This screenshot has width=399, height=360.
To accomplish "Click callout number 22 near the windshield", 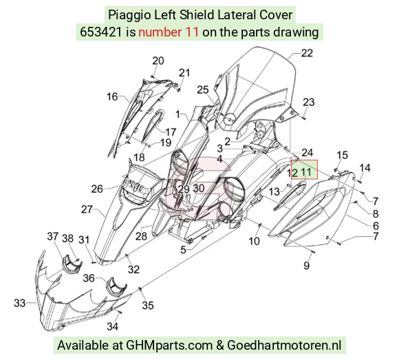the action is click(307, 53).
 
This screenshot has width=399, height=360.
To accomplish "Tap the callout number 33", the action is click(19, 304).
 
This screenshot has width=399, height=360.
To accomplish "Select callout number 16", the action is click(112, 97).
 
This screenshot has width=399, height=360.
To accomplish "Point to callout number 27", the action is click(87, 209).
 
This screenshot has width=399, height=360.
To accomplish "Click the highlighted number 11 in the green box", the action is click(306, 172).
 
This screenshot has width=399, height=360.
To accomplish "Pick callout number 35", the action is click(148, 305).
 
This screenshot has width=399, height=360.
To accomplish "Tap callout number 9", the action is click(307, 266).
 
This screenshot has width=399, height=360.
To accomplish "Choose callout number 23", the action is click(309, 103).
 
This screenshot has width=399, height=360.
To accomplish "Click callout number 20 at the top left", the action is click(158, 61).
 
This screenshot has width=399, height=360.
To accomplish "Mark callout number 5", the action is click(183, 250).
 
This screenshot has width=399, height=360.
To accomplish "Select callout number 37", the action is click(53, 236).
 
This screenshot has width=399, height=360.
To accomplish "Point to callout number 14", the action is click(365, 168).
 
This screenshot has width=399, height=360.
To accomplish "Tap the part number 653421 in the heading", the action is click(100, 32).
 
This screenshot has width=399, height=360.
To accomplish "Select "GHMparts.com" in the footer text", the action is click(169, 346).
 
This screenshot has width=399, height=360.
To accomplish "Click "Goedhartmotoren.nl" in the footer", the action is click(284, 346).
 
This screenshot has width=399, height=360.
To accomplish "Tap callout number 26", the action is click(97, 189).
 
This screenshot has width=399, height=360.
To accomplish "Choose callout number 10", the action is click(254, 241).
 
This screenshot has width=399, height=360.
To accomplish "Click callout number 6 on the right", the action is click(376, 226).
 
